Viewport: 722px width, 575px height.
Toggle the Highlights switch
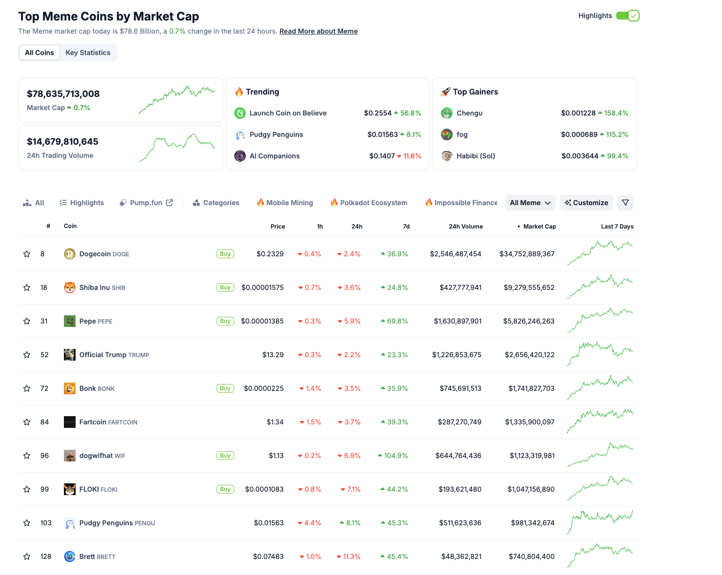tap(627, 16)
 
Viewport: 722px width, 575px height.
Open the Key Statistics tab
tap(88, 53)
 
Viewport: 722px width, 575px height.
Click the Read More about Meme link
tap(319, 31)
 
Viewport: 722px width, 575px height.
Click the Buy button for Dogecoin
tap(225, 254)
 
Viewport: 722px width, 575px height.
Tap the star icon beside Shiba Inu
tap(27, 287)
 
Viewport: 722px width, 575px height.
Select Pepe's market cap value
tap(529, 321)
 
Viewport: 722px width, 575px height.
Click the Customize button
tap(586, 203)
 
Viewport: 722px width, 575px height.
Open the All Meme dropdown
tap(530, 203)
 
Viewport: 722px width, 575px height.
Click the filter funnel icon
tap(625, 203)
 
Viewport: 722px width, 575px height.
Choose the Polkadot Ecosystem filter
tap(369, 203)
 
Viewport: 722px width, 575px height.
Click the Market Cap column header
tap(539, 227)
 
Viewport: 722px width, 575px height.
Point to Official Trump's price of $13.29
tap(273, 355)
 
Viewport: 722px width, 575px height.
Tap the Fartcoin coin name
tap(93, 422)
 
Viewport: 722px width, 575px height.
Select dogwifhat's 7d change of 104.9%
tap(396, 456)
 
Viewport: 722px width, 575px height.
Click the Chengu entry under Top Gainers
tap(469, 113)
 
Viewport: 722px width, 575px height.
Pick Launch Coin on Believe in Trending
tap(288, 113)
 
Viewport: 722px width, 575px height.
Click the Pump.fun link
tap(146, 203)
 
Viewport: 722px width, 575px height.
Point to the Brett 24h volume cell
tap(461, 556)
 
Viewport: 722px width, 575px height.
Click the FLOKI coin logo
tap(70, 489)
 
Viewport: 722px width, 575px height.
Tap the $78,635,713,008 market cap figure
tap(63, 94)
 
